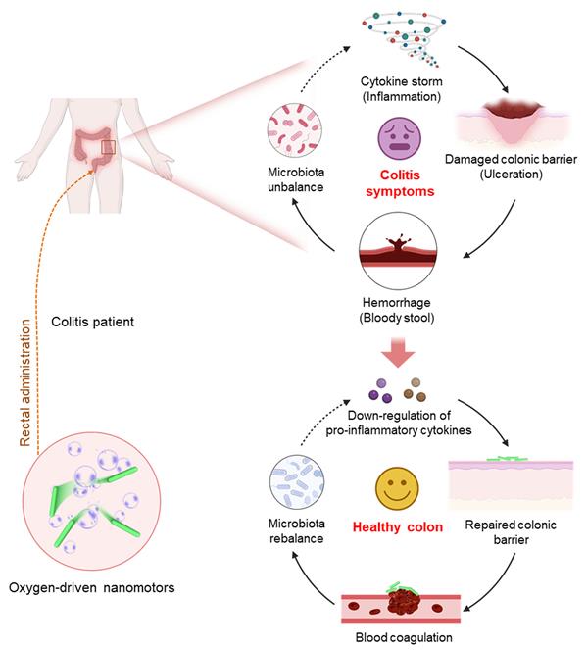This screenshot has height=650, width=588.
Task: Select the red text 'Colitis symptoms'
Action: (x=400, y=184)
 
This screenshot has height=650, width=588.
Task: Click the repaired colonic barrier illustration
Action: (x=510, y=479)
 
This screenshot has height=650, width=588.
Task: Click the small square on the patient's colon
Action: (x=108, y=149)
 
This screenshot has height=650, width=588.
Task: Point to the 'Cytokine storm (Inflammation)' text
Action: (x=399, y=89)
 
